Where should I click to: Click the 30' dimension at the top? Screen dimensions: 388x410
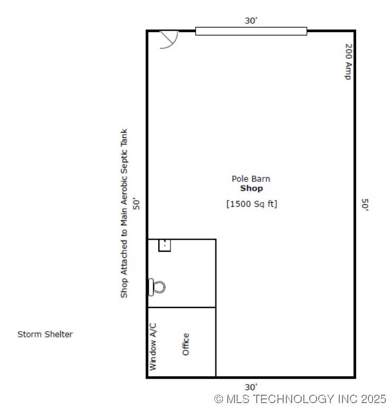pos(251,21)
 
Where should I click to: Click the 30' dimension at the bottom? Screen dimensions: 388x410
pos(251,387)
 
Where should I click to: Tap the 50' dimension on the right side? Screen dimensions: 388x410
pos(365,205)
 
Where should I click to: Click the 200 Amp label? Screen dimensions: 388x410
pos(348,62)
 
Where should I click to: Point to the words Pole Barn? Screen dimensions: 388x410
pos(251,179)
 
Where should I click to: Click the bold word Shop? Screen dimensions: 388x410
pos(251,188)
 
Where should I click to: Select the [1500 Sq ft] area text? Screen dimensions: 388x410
pos(251,204)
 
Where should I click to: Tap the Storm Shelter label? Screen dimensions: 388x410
pos(45,334)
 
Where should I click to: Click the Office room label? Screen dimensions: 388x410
pos(185,344)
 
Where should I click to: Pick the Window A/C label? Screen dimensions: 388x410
pos(153,347)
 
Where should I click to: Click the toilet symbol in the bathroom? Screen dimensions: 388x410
pos(157,287)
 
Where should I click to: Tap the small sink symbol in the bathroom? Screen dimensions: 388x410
pos(165,245)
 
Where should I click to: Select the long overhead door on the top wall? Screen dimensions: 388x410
pos(251,31)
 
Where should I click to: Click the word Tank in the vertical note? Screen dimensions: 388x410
pos(124,137)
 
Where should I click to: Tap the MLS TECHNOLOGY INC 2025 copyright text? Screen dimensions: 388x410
pos(300,399)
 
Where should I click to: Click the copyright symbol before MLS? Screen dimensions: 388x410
pos(219,399)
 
